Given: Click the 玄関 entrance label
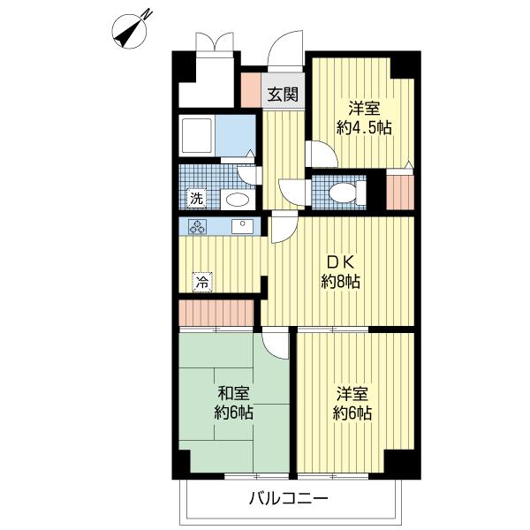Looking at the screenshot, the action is pyautogui.click(x=283, y=95).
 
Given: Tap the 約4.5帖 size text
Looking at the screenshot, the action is pyautogui.click(x=364, y=128).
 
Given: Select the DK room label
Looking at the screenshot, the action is pyautogui.click(x=340, y=262).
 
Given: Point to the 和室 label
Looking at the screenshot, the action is pyautogui.click(x=233, y=394).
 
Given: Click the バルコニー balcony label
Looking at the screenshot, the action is pyautogui.click(x=288, y=498).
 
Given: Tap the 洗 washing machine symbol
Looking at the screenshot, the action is pyautogui.click(x=196, y=199).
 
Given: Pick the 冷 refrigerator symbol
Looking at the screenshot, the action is pyautogui.click(x=202, y=282).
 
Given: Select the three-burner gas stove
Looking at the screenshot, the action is pyautogui.click(x=197, y=226).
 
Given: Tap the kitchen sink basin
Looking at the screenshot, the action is pyautogui.click(x=242, y=226).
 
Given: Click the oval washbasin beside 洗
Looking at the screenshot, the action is pyautogui.click(x=238, y=200).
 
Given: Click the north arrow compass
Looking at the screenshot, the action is pyautogui.click(x=130, y=31).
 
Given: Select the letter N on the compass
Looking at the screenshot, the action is pyautogui.click(x=147, y=14).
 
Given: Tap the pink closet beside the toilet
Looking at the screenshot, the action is pyautogui.click(x=400, y=193).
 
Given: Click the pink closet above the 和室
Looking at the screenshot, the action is pyautogui.click(x=216, y=313).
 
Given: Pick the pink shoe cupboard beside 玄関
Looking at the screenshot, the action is pyautogui.click(x=251, y=90).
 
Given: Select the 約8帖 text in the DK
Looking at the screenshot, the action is pyautogui.click(x=340, y=282).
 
